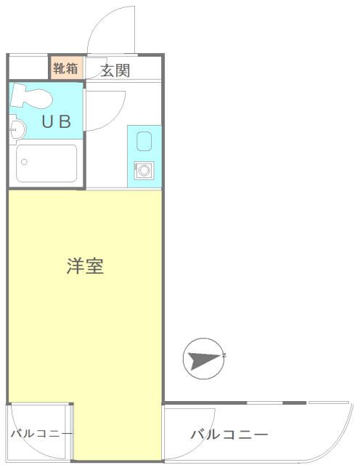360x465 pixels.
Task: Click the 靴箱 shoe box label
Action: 65,69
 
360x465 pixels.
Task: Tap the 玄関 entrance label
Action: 115,70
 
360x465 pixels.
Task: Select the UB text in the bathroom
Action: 56,122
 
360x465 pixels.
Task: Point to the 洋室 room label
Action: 85,266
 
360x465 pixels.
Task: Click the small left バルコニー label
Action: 41,434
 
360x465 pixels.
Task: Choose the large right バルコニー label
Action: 229,435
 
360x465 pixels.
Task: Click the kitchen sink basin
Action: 143,139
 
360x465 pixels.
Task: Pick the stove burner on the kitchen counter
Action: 143,171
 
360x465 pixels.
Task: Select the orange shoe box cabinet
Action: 65,69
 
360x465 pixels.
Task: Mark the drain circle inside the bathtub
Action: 24,161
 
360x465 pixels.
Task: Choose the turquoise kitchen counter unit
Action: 143,154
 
